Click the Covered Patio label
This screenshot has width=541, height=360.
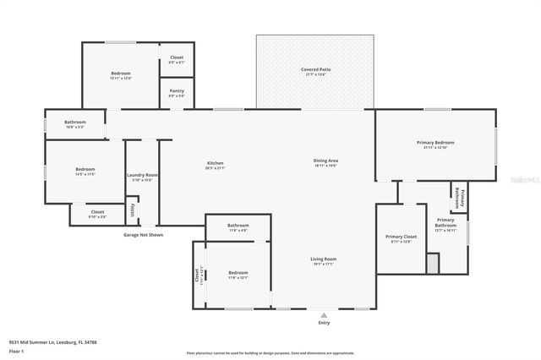tap(314, 69)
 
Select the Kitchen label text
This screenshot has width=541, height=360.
tap(215, 163)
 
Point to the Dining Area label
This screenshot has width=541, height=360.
tap(325, 161)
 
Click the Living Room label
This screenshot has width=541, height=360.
tap(325, 259)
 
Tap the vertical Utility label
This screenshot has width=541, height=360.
tap(131, 209)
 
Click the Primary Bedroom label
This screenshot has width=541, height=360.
tap(435, 143)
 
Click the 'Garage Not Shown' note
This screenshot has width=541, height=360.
tap(143, 235)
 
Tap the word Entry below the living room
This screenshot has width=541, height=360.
tap(324, 323)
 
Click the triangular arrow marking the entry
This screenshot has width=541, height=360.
tap(324, 314)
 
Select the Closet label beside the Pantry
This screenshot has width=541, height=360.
tap(177, 57)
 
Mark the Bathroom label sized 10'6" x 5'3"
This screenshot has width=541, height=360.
tap(75, 123)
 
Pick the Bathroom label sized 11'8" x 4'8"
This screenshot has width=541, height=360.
tap(238, 226)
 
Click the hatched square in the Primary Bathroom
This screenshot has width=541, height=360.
tap(433, 264)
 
